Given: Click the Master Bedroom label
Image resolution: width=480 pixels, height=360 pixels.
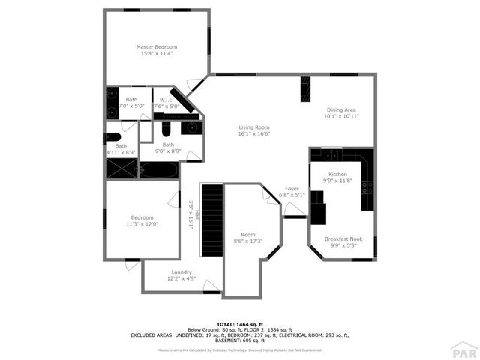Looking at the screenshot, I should tap(156, 46).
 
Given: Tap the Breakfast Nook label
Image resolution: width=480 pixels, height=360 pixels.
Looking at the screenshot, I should tap(343, 239).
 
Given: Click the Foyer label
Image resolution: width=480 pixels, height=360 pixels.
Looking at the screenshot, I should tap(291, 189).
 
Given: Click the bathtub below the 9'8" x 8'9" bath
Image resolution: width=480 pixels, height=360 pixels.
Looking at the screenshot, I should tap(159, 170).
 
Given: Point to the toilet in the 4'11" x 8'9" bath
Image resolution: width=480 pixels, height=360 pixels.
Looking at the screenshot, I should tap(112, 137).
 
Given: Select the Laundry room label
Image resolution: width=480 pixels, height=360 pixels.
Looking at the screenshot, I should tap(181, 271).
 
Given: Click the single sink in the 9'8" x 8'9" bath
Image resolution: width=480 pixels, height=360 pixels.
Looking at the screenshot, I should tap(191, 128).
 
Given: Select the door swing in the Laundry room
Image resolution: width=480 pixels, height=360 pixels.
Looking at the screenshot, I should tap(211, 285).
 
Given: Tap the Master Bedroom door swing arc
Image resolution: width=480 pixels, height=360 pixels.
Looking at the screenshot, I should tap(195, 83).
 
